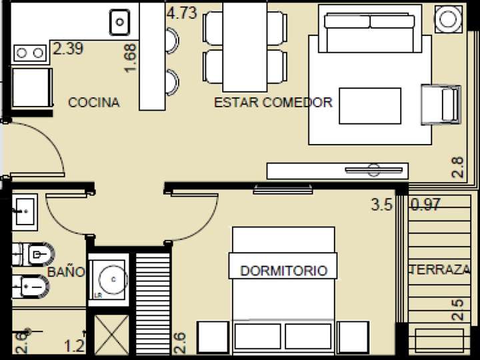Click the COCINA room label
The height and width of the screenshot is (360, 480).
(x=94, y=102)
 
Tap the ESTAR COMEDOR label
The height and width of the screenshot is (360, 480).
(x=273, y=102)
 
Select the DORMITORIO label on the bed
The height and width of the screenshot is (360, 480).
(x=283, y=271)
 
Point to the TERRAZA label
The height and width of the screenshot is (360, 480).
(x=441, y=270)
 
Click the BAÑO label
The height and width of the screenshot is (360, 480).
(x=66, y=272)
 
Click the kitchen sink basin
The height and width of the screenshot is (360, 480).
(x=119, y=22)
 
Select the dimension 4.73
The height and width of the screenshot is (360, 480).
(x=181, y=13)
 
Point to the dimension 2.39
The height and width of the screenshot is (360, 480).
(x=68, y=49)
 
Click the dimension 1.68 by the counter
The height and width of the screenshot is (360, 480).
(x=131, y=59)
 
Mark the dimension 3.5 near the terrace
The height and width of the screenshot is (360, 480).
(x=381, y=205)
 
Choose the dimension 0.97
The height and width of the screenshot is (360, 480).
(x=426, y=205)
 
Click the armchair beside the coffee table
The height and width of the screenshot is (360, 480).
(x=441, y=105)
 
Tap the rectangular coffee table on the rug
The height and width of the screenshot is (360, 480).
(x=370, y=105)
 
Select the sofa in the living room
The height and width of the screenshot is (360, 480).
(x=369, y=28)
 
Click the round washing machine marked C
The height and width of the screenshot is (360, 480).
(x=108, y=279)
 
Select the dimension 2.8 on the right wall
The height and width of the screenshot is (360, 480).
(x=457, y=165)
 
